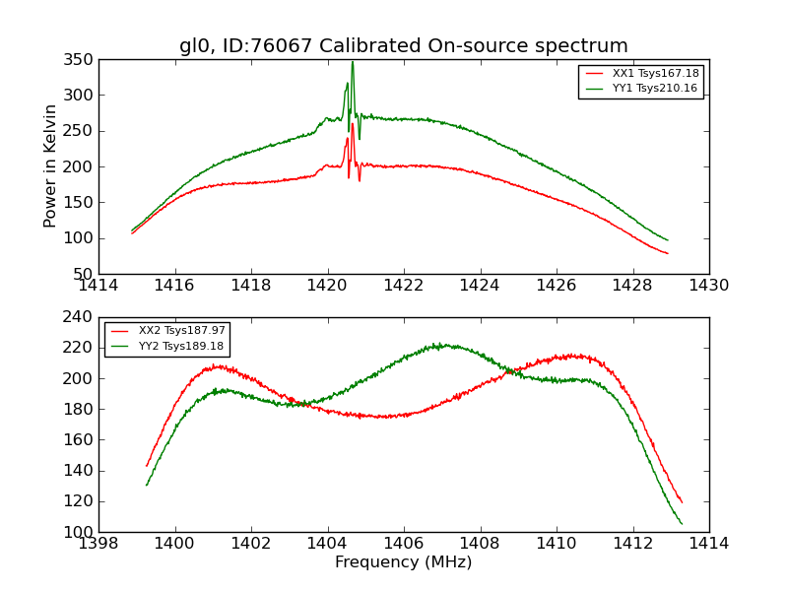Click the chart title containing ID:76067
coord(403,45)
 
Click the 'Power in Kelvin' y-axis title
coord(51,166)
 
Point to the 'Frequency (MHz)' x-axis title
coord(403,562)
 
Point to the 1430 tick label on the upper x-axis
coord(708,286)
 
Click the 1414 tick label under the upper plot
coord(98,286)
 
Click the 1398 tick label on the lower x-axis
coord(98,544)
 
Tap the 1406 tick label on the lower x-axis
coord(403,544)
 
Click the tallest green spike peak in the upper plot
coord(353,62)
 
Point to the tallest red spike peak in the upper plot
coord(353,123)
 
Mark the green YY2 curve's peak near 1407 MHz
coord(442,345)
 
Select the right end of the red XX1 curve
coord(667,253)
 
